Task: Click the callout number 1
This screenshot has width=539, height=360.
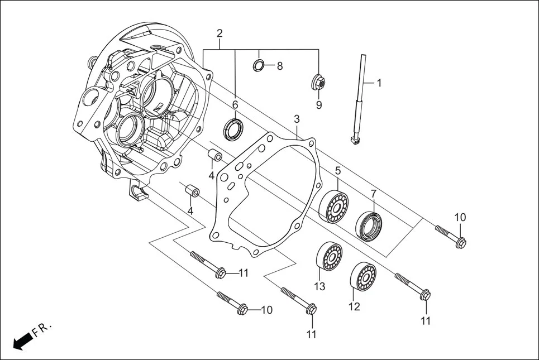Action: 379,83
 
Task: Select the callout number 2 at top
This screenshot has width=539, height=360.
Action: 219,33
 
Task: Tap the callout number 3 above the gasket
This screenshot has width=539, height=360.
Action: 297,119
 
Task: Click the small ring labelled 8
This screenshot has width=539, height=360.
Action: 259,65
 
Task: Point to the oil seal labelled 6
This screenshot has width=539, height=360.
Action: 234,129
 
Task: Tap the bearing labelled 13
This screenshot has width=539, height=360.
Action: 330,258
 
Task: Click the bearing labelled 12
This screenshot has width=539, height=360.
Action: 363,275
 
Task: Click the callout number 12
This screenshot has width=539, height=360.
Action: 354,306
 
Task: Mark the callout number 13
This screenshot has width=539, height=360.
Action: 319,287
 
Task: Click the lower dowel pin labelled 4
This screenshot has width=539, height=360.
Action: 193,191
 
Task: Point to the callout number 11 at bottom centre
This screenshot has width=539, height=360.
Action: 312,334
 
